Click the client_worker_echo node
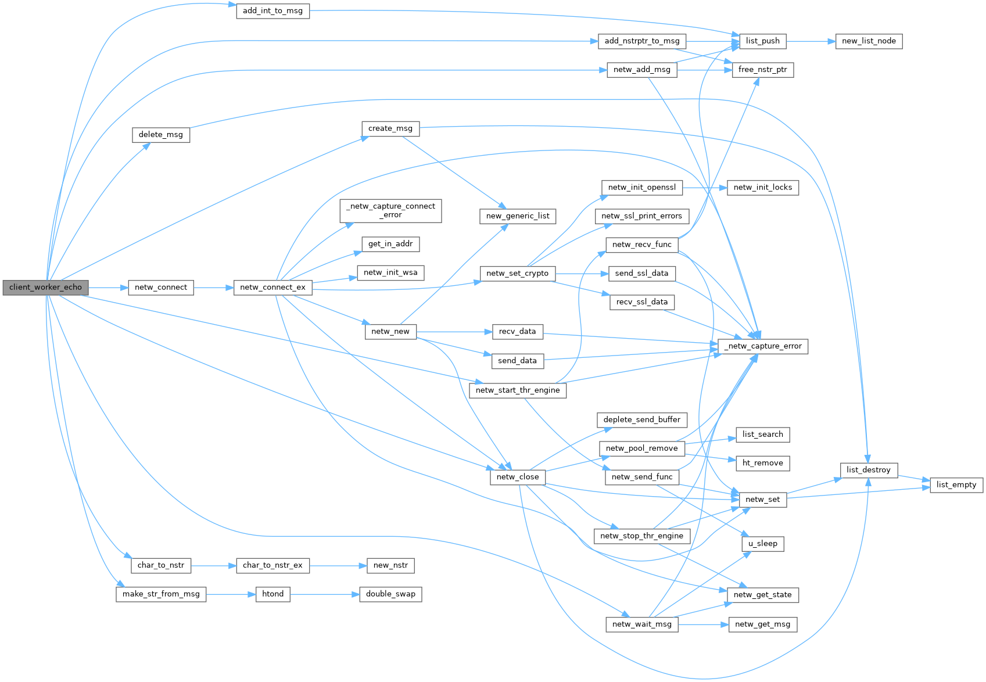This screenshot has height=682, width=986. [x=45, y=287]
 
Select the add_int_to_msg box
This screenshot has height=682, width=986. [x=273, y=10]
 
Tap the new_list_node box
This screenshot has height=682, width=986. [x=869, y=41]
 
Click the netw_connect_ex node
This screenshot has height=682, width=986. [x=273, y=287]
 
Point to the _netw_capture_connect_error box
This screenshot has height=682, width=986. [x=390, y=210]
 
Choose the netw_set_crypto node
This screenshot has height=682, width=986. [x=517, y=273]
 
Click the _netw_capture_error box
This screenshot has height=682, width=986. [x=763, y=346]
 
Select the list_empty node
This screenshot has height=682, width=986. [x=956, y=484]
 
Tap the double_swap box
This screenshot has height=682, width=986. [x=390, y=594]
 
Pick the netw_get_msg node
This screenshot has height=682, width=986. [x=762, y=624]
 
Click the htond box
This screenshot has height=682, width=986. [x=273, y=594]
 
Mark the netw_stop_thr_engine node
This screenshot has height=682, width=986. [x=641, y=536]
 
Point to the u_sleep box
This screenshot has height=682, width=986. [x=762, y=544]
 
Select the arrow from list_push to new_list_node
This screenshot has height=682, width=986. [x=811, y=41]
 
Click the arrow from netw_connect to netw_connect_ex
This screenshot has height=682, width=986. [x=213, y=287]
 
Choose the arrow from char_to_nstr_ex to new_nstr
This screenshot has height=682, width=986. [x=338, y=565]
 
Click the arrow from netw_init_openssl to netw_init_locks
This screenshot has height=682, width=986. [x=705, y=188]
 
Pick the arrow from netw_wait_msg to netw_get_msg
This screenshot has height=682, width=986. [x=703, y=624]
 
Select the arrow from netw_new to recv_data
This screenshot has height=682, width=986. [x=454, y=332]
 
